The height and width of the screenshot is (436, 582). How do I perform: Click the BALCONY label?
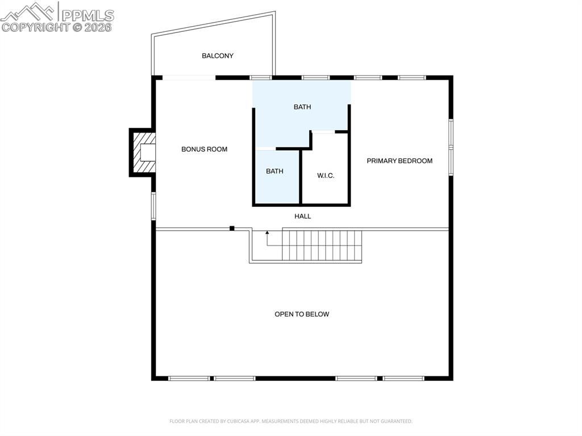(218, 56)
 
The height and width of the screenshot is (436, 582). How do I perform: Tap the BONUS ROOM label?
(204, 150)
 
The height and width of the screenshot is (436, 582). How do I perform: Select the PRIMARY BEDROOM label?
(399, 161)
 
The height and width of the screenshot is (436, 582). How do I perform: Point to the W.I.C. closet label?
(326, 176)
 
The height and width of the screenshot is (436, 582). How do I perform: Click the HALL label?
(302, 216)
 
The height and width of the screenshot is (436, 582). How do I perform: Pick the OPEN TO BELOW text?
(302, 314)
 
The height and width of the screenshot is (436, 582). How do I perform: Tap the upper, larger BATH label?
(302, 107)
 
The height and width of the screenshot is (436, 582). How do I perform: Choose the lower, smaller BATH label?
(275, 171)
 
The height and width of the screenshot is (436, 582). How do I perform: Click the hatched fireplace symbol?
(143, 152)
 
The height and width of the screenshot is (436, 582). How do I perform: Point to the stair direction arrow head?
(267, 232)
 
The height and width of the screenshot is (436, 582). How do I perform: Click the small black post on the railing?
(232, 229)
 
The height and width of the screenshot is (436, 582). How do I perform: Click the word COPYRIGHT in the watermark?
(35, 27)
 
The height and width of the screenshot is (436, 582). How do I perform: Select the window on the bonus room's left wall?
(153, 205)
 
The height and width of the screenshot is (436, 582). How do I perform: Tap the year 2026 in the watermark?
(99, 27)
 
